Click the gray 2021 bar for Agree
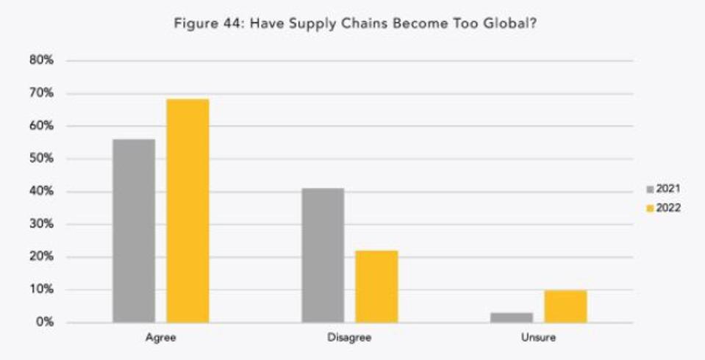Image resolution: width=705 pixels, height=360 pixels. (x=134, y=231)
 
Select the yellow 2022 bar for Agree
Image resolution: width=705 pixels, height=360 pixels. (x=187, y=211)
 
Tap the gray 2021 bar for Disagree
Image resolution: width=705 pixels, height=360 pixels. (x=323, y=256)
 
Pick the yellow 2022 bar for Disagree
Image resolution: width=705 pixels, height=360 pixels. (x=376, y=287)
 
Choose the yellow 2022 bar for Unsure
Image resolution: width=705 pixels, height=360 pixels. (x=565, y=306)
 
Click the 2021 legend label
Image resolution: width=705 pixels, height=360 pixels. (x=668, y=189)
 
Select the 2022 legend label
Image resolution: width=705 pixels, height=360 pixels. (x=668, y=208)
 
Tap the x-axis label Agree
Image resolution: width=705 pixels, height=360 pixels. (x=160, y=339)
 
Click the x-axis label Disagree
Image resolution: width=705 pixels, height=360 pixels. (x=349, y=339)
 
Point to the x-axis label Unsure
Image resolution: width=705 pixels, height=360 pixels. (x=538, y=339)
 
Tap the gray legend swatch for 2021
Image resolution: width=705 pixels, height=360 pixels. (x=650, y=190)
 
